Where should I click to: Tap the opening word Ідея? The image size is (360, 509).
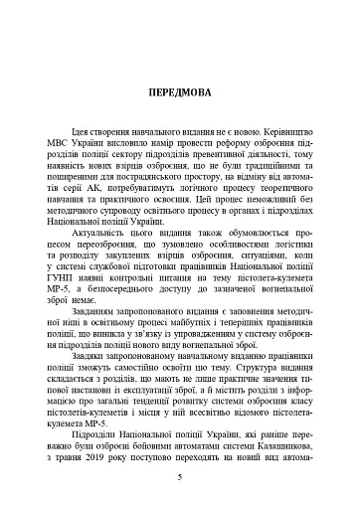pyautogui.click(x=86, y=130)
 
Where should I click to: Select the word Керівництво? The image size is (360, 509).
pyautogui.click(x=281, y=130)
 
